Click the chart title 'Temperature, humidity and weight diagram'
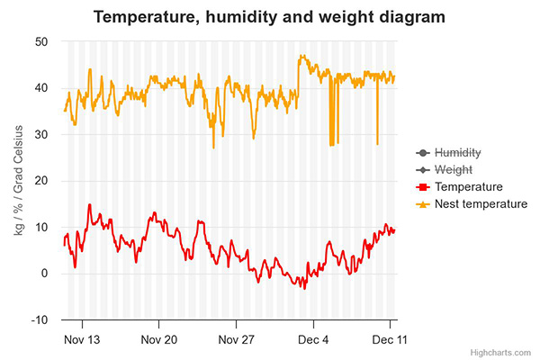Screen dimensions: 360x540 [x=270, y=17]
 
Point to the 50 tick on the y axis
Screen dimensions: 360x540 [x=41, y=41]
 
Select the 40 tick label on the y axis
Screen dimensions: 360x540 [x=41, y=88]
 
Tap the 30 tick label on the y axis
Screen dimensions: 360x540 [x=41, y=135]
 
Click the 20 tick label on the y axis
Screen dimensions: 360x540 [x=41, y=181]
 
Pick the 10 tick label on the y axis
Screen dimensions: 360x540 [x=41, y=228]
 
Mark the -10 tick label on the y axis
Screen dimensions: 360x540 [x=39, y=320]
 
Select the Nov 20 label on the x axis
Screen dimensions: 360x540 [x=159, y=339]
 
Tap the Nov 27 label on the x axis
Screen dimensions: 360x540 [x=237, y=339]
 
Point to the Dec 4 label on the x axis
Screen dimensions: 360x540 [x=313, y=339]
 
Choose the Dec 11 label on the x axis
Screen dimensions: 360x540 [x=389, y=339]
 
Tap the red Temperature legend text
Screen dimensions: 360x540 [x=468, y=187]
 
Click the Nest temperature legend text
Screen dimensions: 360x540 [x=480, y=204]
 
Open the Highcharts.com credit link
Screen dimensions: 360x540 [x=505, y=352]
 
